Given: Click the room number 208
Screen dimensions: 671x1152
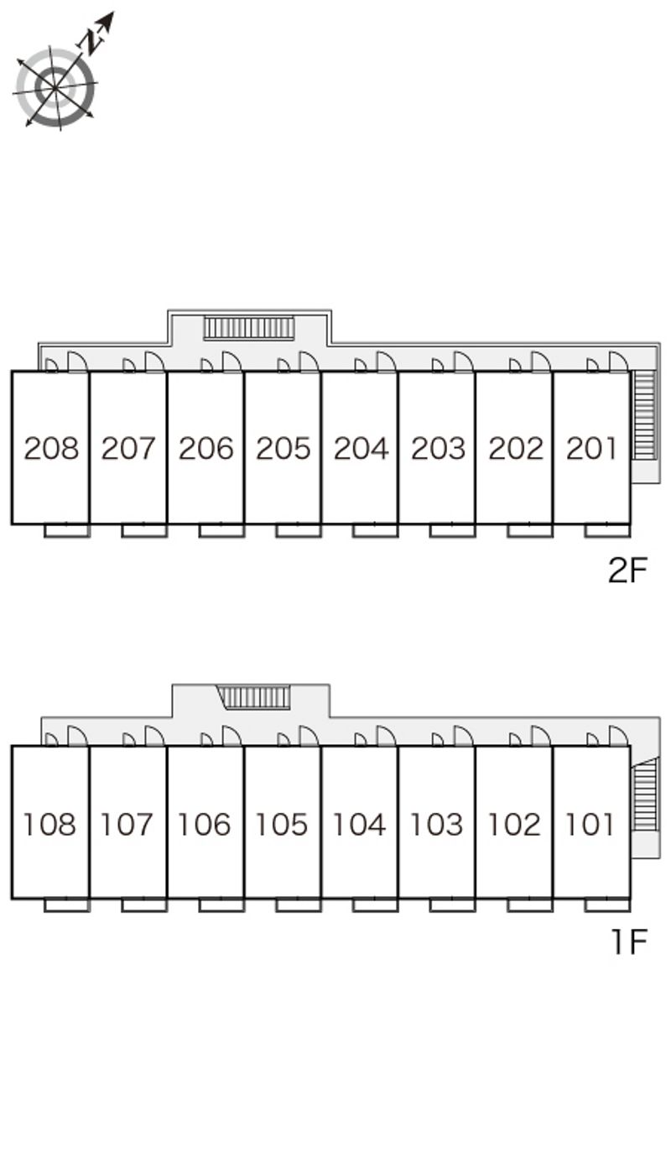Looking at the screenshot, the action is (x=51, y=448).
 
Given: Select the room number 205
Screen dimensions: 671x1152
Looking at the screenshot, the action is (x=283, y=448).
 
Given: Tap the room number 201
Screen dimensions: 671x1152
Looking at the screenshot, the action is (x=591, y=448).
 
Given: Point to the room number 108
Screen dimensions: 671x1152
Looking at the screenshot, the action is (x=49, y=825).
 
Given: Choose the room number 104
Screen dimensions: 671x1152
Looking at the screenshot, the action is (x=360, y=825).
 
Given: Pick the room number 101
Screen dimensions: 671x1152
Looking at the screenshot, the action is (x=590, y=825).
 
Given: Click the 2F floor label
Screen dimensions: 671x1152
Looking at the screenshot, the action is (x=627, y=570).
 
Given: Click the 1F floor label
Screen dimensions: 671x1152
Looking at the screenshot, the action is (x=629, y=941).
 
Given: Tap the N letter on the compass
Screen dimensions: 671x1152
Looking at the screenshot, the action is (x=91, y=42).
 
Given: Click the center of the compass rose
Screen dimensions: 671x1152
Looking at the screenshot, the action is (x=55, y=88).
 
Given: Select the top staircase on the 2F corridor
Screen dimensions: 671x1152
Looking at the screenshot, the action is (x=249, y=328).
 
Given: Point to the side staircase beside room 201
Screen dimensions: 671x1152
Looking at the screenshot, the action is (x=644, y=415).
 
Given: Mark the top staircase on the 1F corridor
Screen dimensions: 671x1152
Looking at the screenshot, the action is (x=253, y=697).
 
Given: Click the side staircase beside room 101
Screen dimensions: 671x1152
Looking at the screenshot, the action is (x=645, y=794).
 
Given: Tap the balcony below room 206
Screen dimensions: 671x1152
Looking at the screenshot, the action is (x=221, y=531).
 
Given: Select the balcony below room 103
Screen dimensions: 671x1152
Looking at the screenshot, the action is (x=452, y=905).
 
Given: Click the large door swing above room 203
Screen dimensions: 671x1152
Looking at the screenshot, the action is (x=463, y=362).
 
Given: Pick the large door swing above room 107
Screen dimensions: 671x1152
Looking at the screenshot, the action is (x=154, y=736).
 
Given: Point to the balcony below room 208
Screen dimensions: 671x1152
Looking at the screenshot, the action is (x=67, y=531).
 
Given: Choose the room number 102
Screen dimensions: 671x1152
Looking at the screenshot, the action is (x=514, y=825).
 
